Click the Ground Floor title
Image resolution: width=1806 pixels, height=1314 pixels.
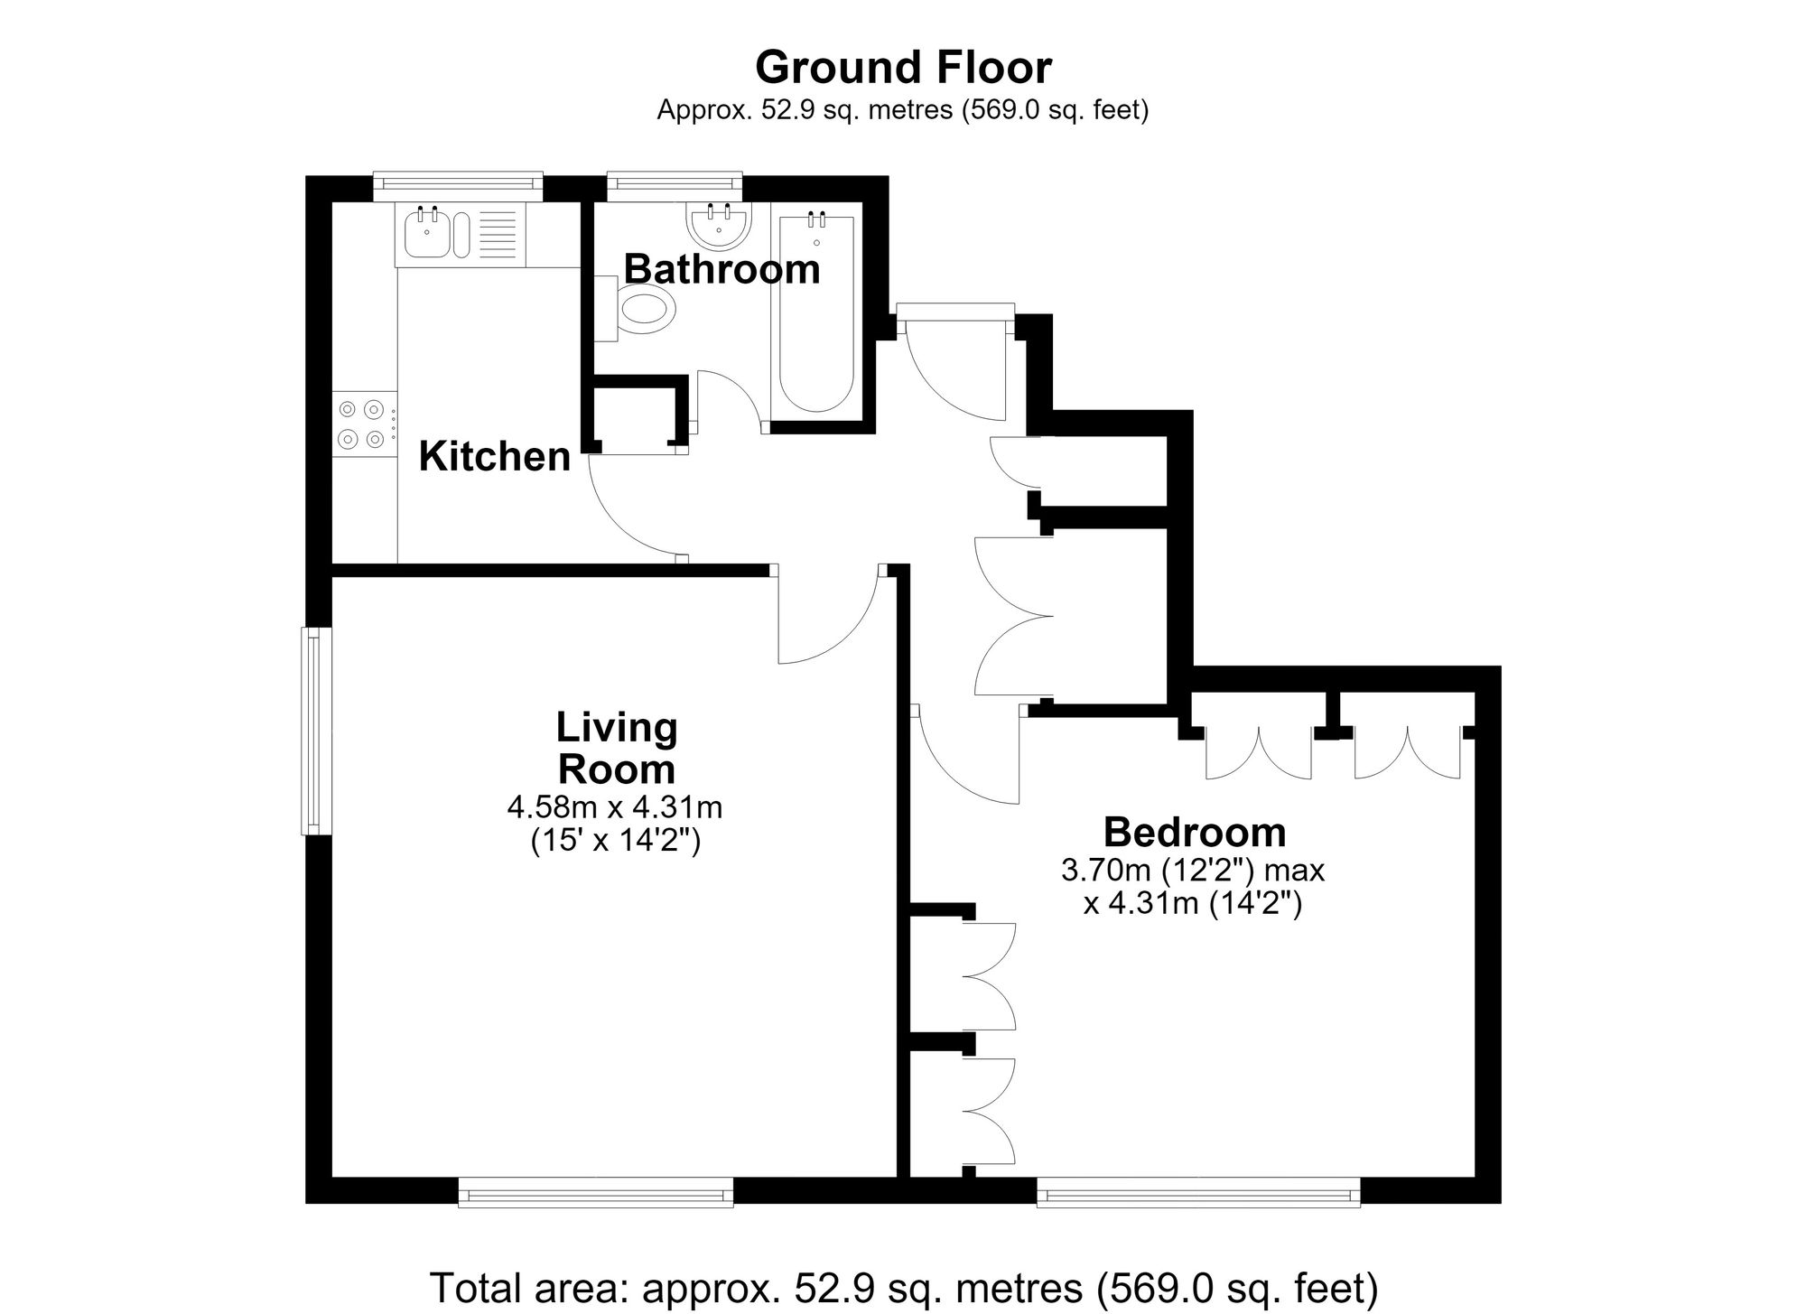[x=903, y=68]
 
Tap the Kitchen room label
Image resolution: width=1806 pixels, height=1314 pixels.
[x=495, y=457]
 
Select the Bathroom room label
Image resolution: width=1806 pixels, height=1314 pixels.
[x=721, y=269]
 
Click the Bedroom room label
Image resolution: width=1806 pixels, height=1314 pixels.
[x=1195, y=832]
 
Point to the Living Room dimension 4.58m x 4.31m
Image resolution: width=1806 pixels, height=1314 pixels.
[x=615, y=806]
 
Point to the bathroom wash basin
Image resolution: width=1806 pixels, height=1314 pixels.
[x=719, y=224]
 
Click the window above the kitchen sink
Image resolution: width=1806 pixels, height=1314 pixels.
[x=458, y=185]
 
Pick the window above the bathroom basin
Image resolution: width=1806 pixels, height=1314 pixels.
[x=675, y=185]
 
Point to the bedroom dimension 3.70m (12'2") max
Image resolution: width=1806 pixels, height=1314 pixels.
[x=1193, y=871]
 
